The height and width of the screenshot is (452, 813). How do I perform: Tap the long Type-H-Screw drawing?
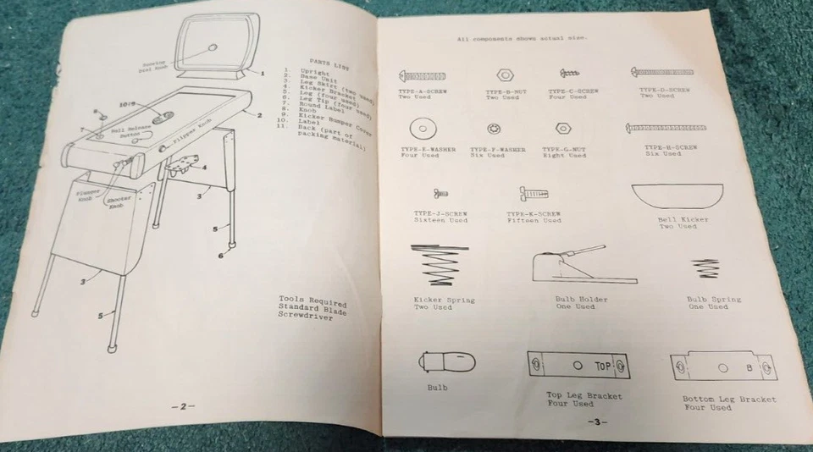point(665,128)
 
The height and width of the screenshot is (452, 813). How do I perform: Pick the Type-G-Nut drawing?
point(561,129)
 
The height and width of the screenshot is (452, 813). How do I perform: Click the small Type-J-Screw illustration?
point(440,194)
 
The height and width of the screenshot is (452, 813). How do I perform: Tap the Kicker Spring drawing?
point(440,266)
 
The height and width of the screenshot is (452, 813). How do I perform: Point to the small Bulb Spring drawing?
point(702,269)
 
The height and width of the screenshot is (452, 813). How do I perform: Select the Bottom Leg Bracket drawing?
point(722,367)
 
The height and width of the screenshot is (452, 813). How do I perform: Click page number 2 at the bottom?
point(183,406)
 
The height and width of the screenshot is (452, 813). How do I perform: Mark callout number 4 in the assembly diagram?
point(204,167)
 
